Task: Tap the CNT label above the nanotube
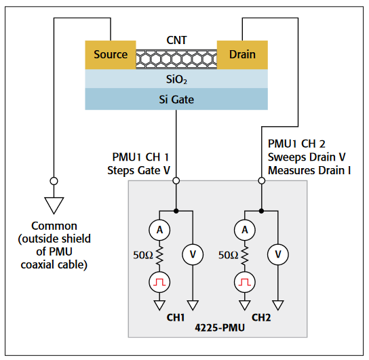point(176,41)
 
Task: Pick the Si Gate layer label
point(176,99)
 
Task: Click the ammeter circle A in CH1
point(160,231)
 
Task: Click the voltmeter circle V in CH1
point(193,254)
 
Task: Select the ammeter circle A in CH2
point(245,231)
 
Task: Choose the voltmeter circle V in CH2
point(277,254)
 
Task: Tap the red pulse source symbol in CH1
point(160,281)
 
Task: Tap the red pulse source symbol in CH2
point(245,281)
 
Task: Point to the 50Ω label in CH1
point(142,256)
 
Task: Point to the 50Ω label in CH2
point(227,256)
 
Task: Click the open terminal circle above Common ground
point(54,182)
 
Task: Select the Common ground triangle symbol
point(54,204)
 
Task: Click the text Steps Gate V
point(138,170)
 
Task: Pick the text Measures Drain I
point(309,170)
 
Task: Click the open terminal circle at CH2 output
point(261,181)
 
